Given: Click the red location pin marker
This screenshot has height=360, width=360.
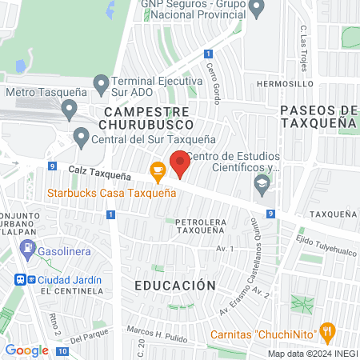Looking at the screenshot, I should click(181, 163).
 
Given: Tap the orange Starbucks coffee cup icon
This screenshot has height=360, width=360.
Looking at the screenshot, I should click(158, 170).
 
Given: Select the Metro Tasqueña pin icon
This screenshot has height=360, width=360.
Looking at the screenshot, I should click(70, 107).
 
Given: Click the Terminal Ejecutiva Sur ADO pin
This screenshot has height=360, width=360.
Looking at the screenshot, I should click(101, 82).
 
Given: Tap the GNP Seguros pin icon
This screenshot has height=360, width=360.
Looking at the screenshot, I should click(257, 9).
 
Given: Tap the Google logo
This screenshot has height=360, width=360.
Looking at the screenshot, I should click(26, 350).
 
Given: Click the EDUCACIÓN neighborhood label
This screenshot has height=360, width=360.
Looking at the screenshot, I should click(164, 286).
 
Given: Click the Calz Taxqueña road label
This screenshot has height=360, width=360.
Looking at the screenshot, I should click(99, 172).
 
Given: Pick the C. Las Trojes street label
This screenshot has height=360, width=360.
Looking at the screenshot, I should click(305, 41).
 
